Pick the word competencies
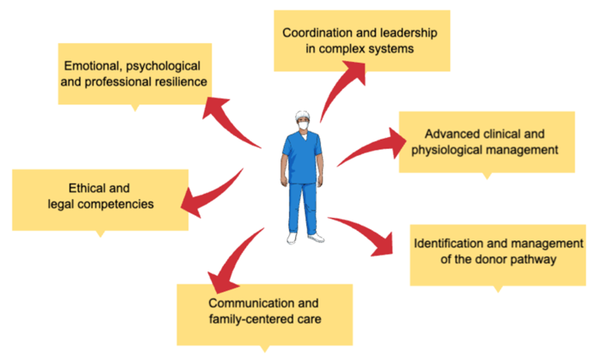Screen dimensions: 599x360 pos(120,204)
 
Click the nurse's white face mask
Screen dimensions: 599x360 pos(303,125)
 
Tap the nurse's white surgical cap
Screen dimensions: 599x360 pos(303,115)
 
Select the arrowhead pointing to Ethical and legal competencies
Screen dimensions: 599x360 pos(192,202)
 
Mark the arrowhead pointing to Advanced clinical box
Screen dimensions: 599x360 pos(398,143)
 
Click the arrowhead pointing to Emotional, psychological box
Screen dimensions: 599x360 pos(214,107)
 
